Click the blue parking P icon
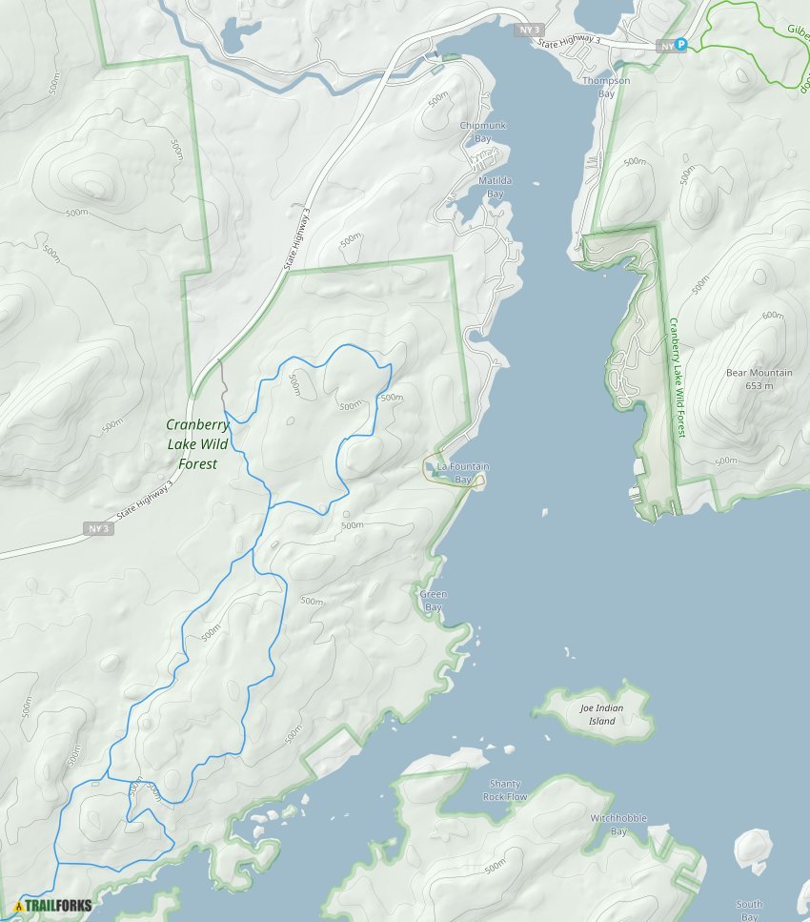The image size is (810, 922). (680, 45)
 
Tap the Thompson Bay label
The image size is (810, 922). (606, 88)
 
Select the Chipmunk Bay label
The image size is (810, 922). (483, 132)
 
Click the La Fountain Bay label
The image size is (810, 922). (462, 473)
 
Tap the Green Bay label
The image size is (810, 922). (433, 601)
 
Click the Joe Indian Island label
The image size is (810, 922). (602, 714)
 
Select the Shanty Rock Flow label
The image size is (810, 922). (504, 789)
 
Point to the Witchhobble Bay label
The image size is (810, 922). (618, 825)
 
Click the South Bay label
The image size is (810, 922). (749, 911)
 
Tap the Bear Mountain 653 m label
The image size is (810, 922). (759, 379)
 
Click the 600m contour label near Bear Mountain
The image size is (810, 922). (772, 316)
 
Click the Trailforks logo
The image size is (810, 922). (53, 905)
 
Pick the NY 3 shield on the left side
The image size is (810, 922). (100, 528)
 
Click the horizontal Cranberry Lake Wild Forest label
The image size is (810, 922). (197, 444)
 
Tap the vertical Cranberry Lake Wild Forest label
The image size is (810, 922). (677, 378)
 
